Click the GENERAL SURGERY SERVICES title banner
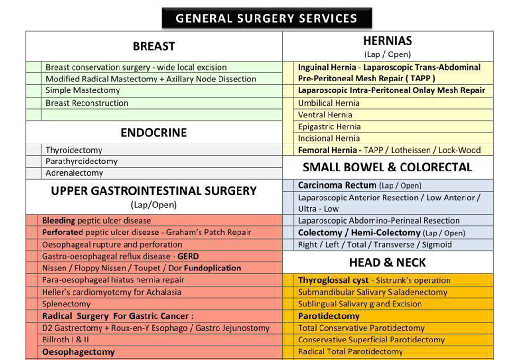click(x=266, y=18)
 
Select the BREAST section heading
click(x=154, y=46)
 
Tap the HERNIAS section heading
click(x=387, y=41)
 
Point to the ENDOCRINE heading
click(x=154, y=133)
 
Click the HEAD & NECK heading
click(x=387, y=262)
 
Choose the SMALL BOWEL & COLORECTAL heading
click(x=387, y=168)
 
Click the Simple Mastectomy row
click(x=83, y=90)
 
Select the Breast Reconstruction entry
click(x=87, y=103)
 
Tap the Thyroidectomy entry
click(x=74, y=150)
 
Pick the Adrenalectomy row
click(x=74, y=173)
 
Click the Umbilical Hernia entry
click(x=329, y=103)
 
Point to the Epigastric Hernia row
click(x=329, y=127)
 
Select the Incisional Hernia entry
click(x=329, y=139)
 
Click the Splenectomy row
click(x=66, y=304)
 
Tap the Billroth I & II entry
click(x=65, y=340)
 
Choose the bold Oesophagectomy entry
click(x=78, y=352)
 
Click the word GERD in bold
click(x=188, y=256)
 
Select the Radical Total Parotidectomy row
click(x=350, y=352)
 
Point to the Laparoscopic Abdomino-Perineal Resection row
click(x=379, y=221)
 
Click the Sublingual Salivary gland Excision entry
click(x=360, y=304)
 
